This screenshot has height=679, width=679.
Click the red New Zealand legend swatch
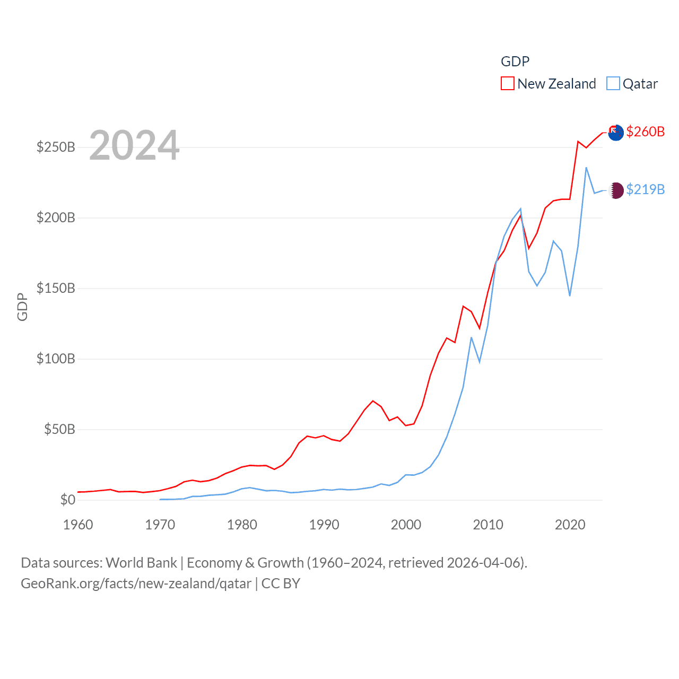507,84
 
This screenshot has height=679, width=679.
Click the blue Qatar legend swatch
613,84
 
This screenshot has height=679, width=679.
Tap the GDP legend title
515,62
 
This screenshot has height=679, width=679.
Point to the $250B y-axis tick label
56,147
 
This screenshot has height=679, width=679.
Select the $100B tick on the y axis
56,359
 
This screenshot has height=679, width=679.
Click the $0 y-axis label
67,500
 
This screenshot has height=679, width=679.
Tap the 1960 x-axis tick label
78,525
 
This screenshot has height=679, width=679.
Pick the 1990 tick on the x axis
324,525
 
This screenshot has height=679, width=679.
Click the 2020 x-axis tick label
570,525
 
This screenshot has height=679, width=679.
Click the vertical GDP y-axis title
22,307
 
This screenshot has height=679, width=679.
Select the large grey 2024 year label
134,145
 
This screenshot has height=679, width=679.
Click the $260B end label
645,132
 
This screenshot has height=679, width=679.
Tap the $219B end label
645,189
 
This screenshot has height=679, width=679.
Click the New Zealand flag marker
615,133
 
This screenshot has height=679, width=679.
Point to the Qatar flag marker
615,190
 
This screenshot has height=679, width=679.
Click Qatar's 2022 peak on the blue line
586,168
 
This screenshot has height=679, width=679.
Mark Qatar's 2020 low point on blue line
570,295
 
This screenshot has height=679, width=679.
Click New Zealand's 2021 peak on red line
578,141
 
